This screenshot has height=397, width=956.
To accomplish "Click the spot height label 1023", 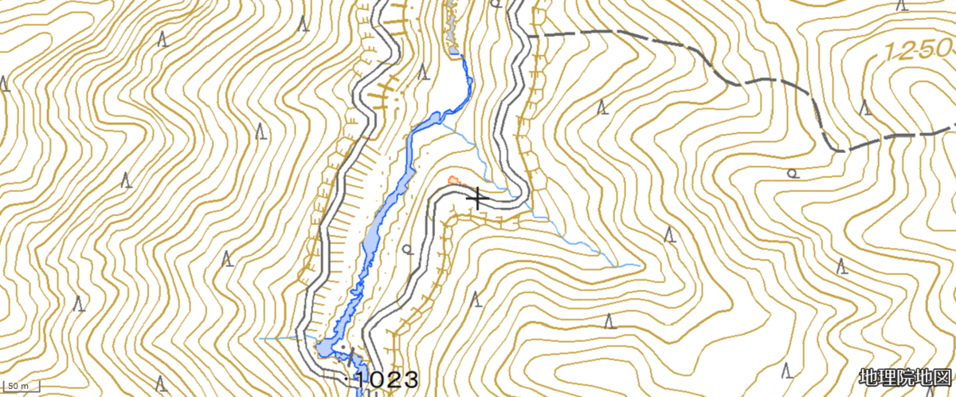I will [386, 379].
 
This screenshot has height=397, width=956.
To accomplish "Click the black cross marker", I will [478, 198].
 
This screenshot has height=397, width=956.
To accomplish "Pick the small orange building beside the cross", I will [454, 180].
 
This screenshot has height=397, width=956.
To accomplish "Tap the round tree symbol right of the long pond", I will [409, 250].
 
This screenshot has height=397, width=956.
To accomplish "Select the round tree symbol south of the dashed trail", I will [792, 172].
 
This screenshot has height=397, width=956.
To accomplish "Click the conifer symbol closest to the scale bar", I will [78, 303].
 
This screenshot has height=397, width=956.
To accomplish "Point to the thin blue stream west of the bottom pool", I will [283, 339].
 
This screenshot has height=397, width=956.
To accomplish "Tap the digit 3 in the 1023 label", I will [409, 379].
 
